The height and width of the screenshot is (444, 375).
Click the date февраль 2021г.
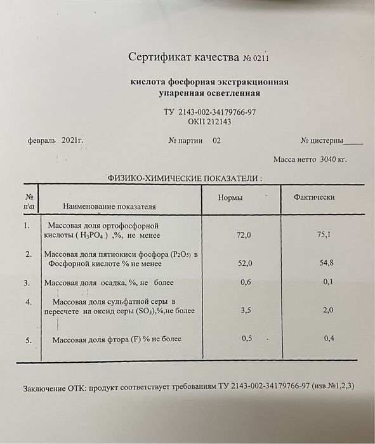(56, 140)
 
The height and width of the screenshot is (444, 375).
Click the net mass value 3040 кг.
(334, 159)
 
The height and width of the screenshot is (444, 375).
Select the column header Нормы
(230, 198)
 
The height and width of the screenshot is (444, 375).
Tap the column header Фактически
(314, 197)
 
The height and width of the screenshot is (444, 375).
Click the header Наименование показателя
(109, 206)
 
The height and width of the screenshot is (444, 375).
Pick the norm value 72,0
(244, 235)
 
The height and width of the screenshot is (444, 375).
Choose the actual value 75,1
(324, 235)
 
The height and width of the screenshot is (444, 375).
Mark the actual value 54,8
(327, 263)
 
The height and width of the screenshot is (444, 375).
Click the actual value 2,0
(328, 311)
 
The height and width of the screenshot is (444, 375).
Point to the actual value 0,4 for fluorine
(329, 339)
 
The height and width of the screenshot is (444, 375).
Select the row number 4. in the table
(28, 301)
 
